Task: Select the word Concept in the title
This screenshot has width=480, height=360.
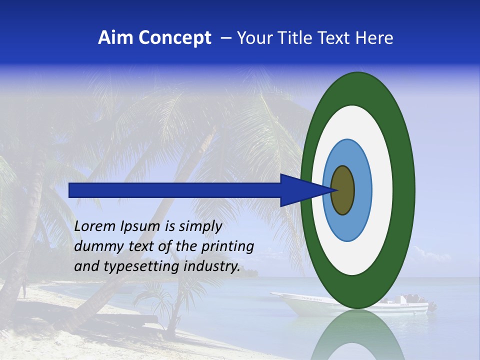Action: pos(175,38)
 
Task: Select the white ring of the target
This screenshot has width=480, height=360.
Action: pos(382,190)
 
